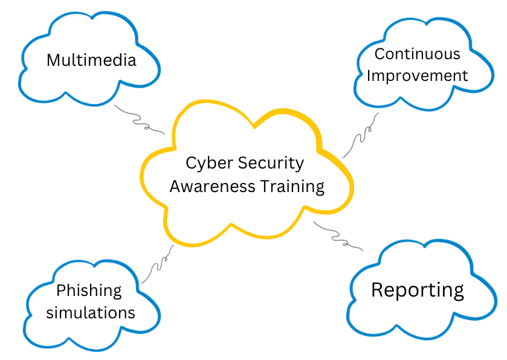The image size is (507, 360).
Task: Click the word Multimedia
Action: pos(91,60)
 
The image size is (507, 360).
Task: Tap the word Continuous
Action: pos(417,54)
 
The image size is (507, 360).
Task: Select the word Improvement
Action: pos(418,76)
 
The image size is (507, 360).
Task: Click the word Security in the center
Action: pos(271,163)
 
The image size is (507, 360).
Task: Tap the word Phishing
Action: pos(89,291)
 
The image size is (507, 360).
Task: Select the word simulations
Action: pos(91,313)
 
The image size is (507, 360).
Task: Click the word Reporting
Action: pos(417,290)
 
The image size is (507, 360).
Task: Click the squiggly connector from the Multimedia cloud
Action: pos(139,120)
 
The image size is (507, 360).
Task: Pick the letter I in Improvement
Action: pos(370,76)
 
